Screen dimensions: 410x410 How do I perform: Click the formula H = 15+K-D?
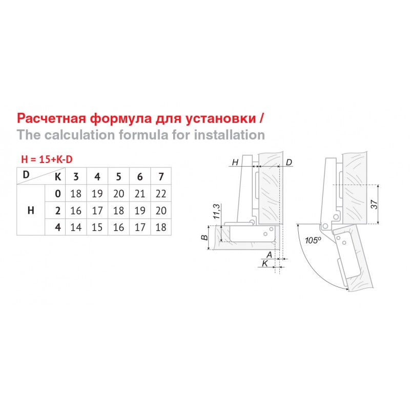click(47, 159)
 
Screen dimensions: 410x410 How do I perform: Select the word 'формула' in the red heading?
click(121, 119)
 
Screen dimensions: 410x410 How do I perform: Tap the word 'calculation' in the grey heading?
click(79, 135)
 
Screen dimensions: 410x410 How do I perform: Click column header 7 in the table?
click(161, 177)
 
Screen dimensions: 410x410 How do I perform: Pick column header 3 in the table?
click(76, 177)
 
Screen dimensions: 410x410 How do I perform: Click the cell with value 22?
click(161, 194)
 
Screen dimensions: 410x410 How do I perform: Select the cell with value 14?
click(76, 227)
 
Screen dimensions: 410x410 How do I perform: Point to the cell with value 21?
click(139, 194)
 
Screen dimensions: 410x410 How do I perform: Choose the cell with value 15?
click(97, 227)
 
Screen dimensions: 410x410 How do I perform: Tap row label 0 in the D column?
click(58, 194)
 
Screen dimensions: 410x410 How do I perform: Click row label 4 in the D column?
click(58, 227)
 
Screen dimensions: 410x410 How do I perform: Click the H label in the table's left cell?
click(31, 210)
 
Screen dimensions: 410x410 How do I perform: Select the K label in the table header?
click(58, 177)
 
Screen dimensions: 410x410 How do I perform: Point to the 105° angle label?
click(313, 240)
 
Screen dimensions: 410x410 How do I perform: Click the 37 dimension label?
click(374, 204)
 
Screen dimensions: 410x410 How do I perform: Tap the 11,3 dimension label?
click(217, 212)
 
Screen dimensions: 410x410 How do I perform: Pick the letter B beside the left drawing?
click(204, 238)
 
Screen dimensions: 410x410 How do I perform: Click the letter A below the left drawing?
click(269, 255)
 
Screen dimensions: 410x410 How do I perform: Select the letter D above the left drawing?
click(289, 162)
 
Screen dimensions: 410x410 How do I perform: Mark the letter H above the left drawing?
click(235, 162)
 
